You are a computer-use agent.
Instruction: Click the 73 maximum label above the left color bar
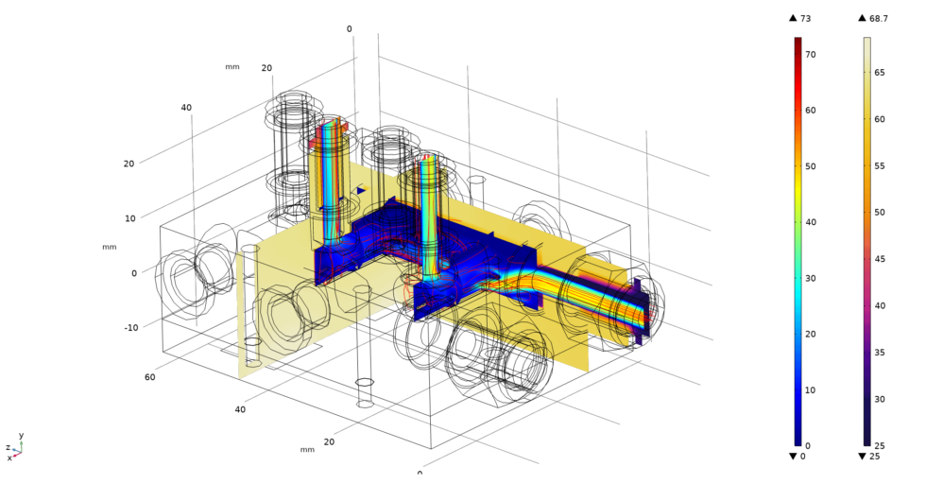pyautogui.click(x=805, y=18)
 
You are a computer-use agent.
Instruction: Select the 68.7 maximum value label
pyautogui.click(x=879, y=18)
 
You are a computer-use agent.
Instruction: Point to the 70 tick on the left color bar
pyautogui.click(x=811, y=55)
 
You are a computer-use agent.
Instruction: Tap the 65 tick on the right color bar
pyautogui.click(x=880, y=73)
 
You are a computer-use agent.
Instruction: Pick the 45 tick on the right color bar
pyautogui.click(x=880, y=259)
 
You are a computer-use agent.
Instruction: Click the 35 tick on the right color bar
pyautogui.click(x=880, y=353)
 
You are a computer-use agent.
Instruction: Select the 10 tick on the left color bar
pyautogui.click(x=811, y=390)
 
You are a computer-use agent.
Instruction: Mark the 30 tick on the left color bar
pyautogui.click(x=811, y=278)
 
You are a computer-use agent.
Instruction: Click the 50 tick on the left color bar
pyautogui.click(x=811, y=166)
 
